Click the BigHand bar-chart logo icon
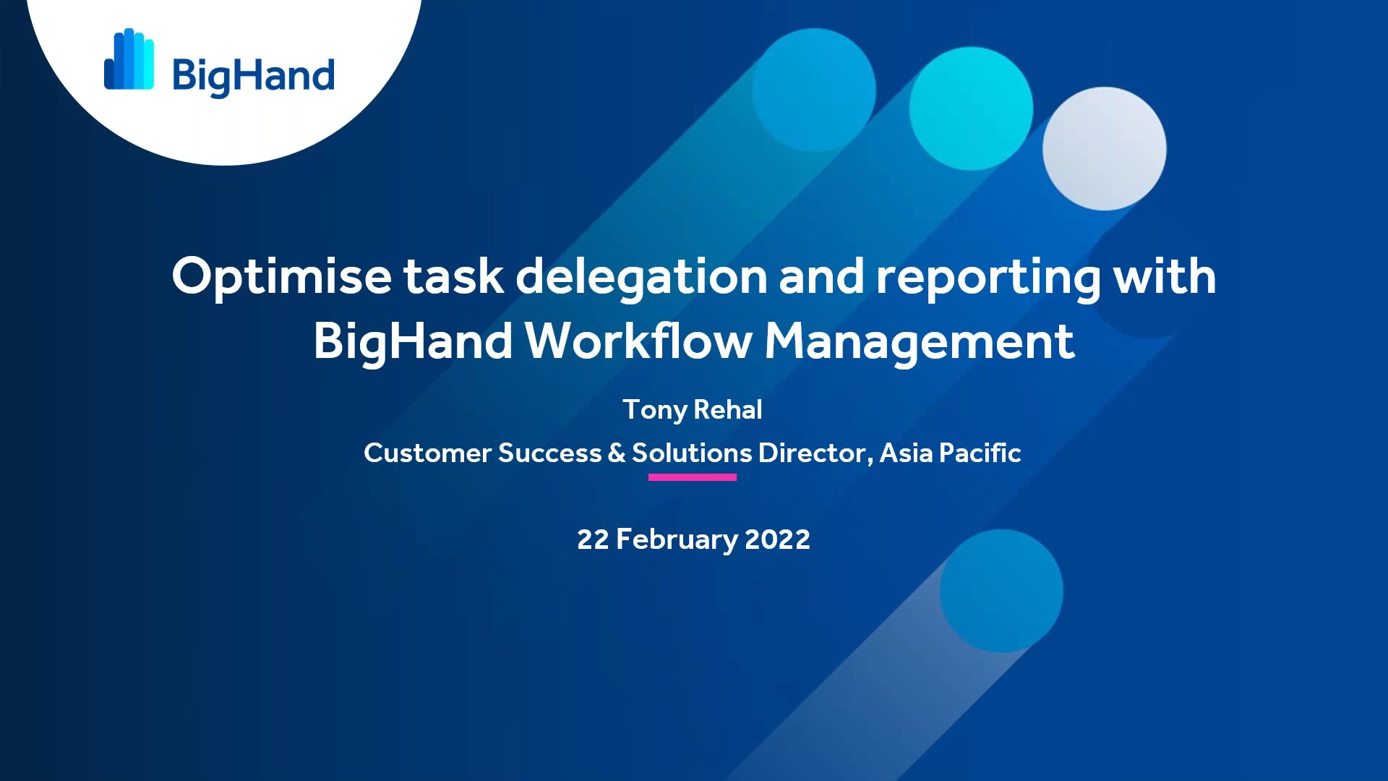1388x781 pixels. click(129, 60)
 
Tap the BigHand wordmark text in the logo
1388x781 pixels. click(253, 76)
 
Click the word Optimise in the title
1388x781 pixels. click(281, 277)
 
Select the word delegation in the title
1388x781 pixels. click(641, 277)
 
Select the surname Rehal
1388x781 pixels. click(728, 409)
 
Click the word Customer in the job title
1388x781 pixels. click(427, 453)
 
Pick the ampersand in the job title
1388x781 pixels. click(617, 453)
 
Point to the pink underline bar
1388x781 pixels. click(692, 477)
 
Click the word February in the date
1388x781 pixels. click(677, 539)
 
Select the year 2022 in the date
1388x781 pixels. click(777, 539)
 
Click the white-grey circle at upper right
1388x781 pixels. click(1104, 148)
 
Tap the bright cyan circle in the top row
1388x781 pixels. click(971, 108)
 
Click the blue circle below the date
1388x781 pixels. click(1001, 591)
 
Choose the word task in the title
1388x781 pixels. click(453, 277)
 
